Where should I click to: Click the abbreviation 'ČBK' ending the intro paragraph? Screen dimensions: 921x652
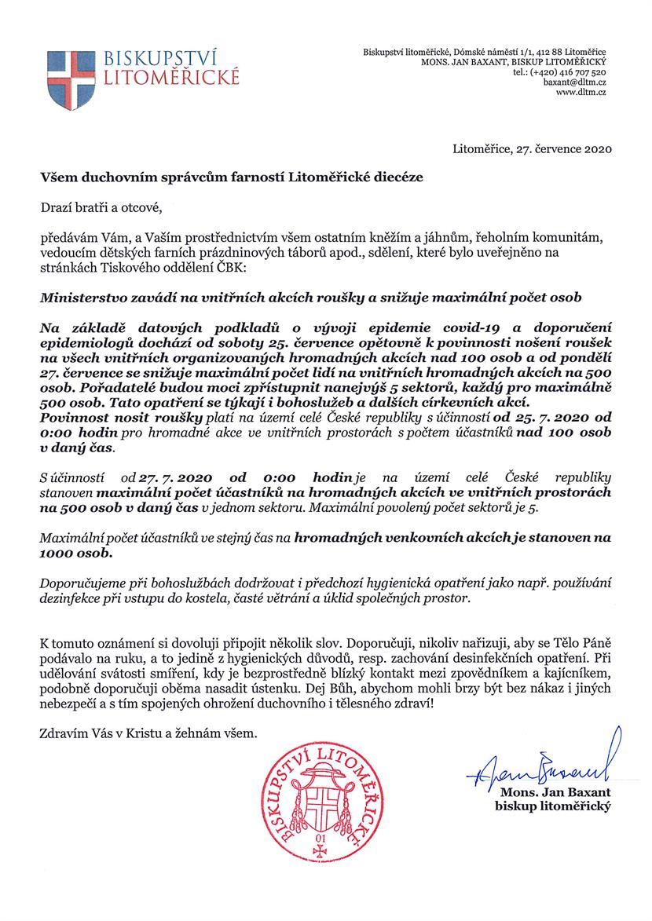(x=229, y=270)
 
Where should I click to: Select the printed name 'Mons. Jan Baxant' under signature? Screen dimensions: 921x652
(x=555, y=793)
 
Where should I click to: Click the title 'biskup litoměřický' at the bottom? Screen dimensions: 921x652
(x=553, y=806)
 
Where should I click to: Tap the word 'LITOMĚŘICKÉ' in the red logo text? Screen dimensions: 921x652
(x=167, y=78)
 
